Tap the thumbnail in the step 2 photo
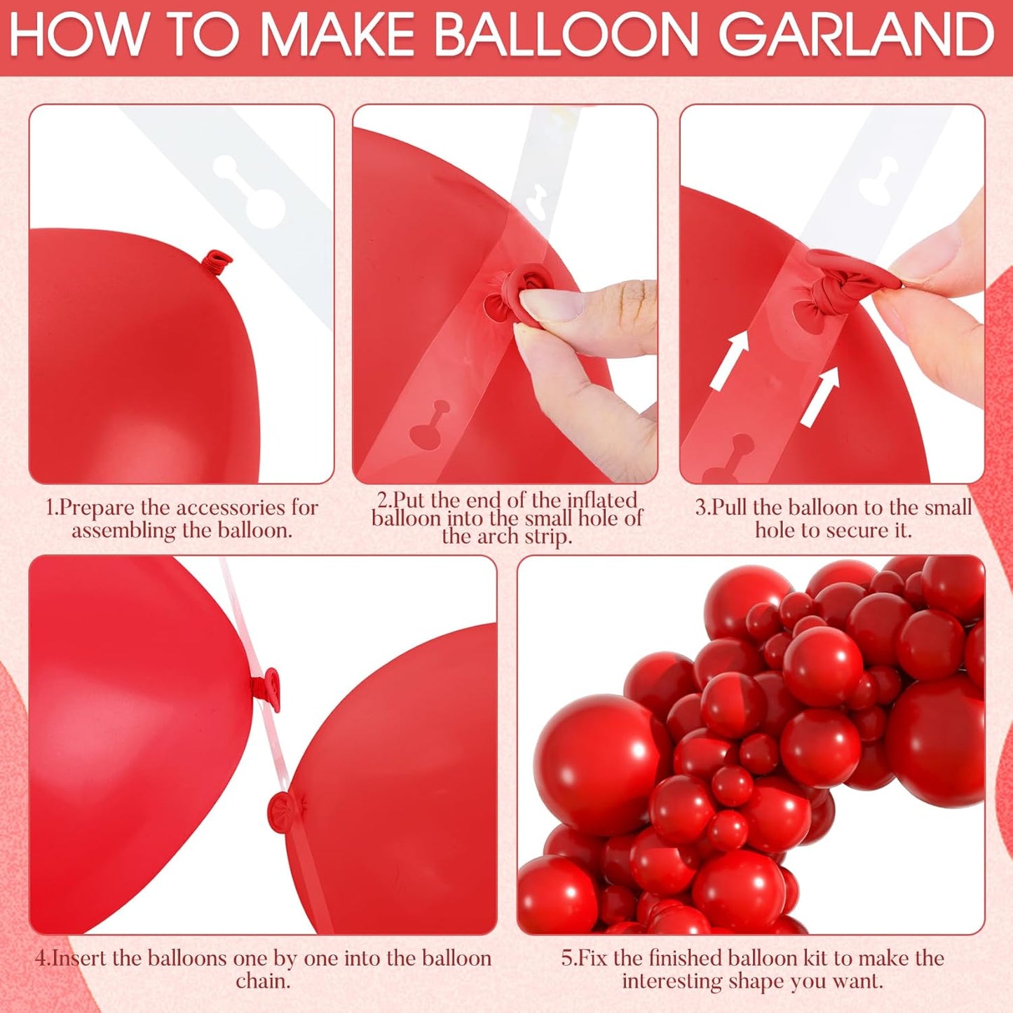pyautogui.click(x=550, y=304)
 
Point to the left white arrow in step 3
pyautogui.click(x=730, y=360)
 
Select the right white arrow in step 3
pyautogui.click(x=820, y=396)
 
